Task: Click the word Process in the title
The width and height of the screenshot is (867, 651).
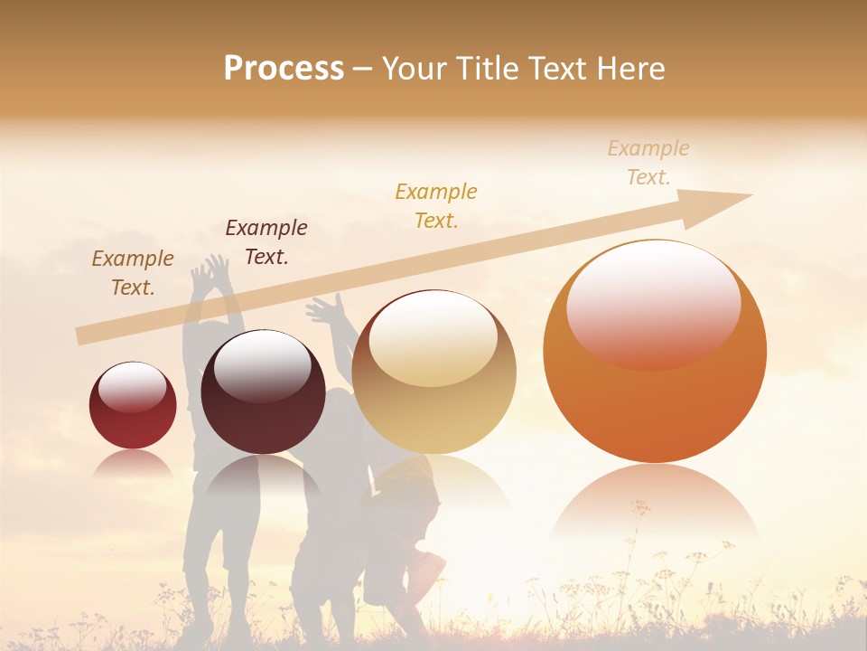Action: click(284, 69)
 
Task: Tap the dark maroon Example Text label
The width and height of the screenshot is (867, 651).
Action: click(266, 241)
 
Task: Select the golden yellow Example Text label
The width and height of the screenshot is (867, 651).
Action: click(436, 205)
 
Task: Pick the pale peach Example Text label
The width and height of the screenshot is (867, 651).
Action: click(648, 162)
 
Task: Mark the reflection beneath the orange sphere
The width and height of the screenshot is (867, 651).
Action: click(654, 506)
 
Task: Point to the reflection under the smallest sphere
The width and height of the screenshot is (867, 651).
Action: click(133, 465)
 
